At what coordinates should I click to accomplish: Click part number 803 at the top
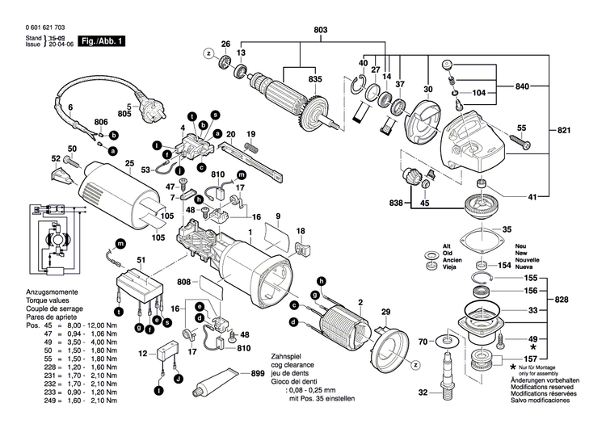[321, 31]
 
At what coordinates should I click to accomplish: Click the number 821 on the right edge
[563, 129]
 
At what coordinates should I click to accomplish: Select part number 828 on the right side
[563, 299]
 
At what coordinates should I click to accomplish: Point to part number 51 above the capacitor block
[142, 258]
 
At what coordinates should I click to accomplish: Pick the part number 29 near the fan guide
[385, 312]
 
